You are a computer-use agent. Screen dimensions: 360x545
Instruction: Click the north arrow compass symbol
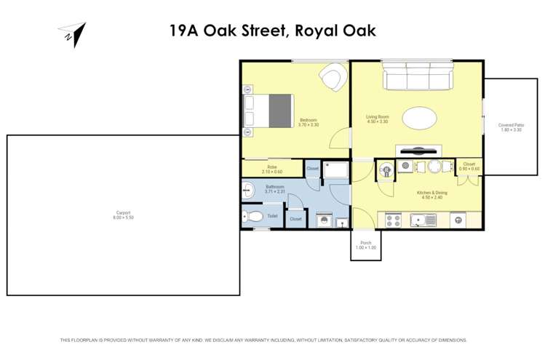(x=72, y=34)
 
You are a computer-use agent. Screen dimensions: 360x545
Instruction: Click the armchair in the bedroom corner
(x=333, y=77)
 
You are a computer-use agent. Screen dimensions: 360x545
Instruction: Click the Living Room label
(x=377, y=116)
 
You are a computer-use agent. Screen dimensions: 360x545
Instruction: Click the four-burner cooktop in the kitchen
(x=392, y=219)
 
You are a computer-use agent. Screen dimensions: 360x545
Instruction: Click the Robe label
(x=272, y=167)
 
